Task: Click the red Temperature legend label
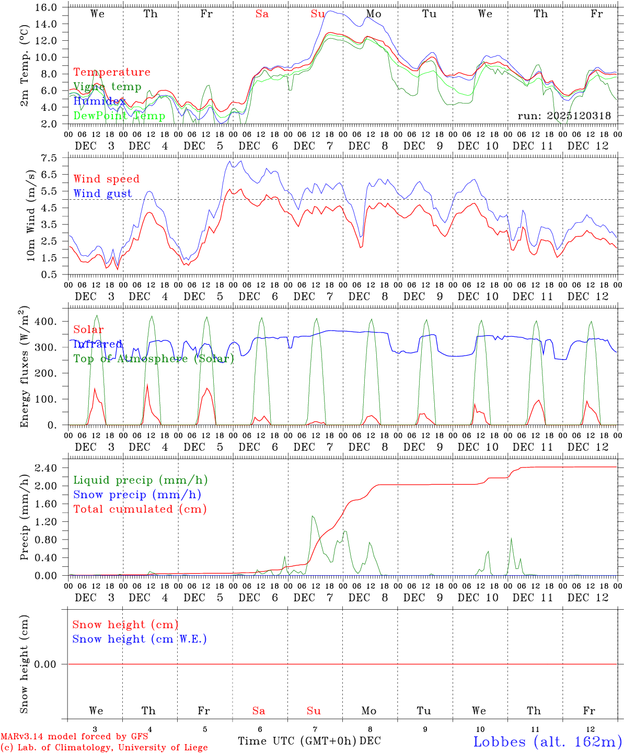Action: click(111, 72)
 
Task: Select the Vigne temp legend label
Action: click(107, 87)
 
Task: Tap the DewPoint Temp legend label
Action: click(119, 116)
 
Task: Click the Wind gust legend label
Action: click(102, 193)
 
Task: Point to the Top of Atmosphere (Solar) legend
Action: click(154, 359)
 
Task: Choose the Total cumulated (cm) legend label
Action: click(140, 509)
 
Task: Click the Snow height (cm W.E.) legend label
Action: click(139, 639)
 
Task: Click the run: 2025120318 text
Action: click(564, 116)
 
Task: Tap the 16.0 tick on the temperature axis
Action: click(49, 7)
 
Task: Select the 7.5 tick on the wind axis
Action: click(53, 158)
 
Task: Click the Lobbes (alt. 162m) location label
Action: click(547, 741)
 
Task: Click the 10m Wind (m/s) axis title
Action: click(31, 215)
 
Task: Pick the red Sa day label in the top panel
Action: click(262, 14)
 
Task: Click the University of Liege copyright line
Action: click(104, 748)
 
